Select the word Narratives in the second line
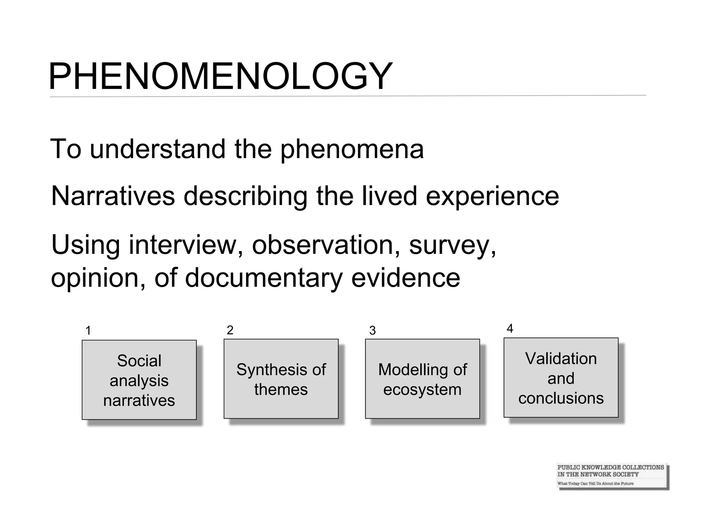(113, 196)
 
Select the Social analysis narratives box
(139, 380)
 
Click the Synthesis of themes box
(281, 379)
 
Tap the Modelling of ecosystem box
(422, 379)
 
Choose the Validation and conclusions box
(561, 378)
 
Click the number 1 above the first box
(88, 331)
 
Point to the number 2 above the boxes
(230, 330)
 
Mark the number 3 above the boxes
(373, 330)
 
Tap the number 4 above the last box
(510, 328)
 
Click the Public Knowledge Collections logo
(612, 475)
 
